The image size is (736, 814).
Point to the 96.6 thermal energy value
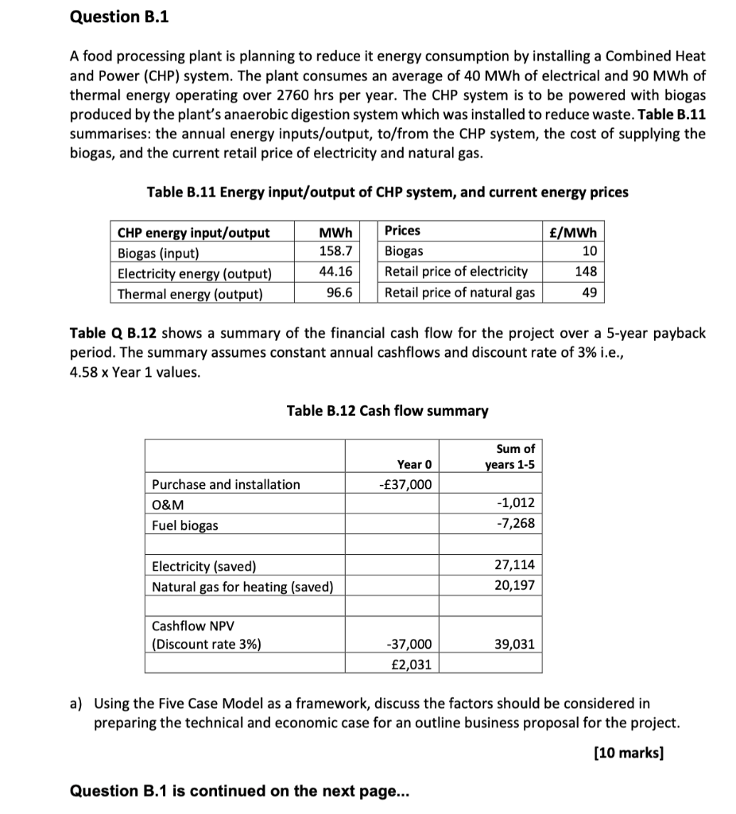click(339, 293)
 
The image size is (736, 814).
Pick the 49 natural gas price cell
click(589, 293)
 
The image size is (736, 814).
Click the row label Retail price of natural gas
click(459, 293)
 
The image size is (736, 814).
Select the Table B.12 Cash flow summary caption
click(387, 411)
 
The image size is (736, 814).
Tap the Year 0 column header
click(413, 464)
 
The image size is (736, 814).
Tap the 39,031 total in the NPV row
click(514, 644)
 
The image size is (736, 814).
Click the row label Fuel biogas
click(184, 525)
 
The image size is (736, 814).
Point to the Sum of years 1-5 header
click(510, 456)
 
